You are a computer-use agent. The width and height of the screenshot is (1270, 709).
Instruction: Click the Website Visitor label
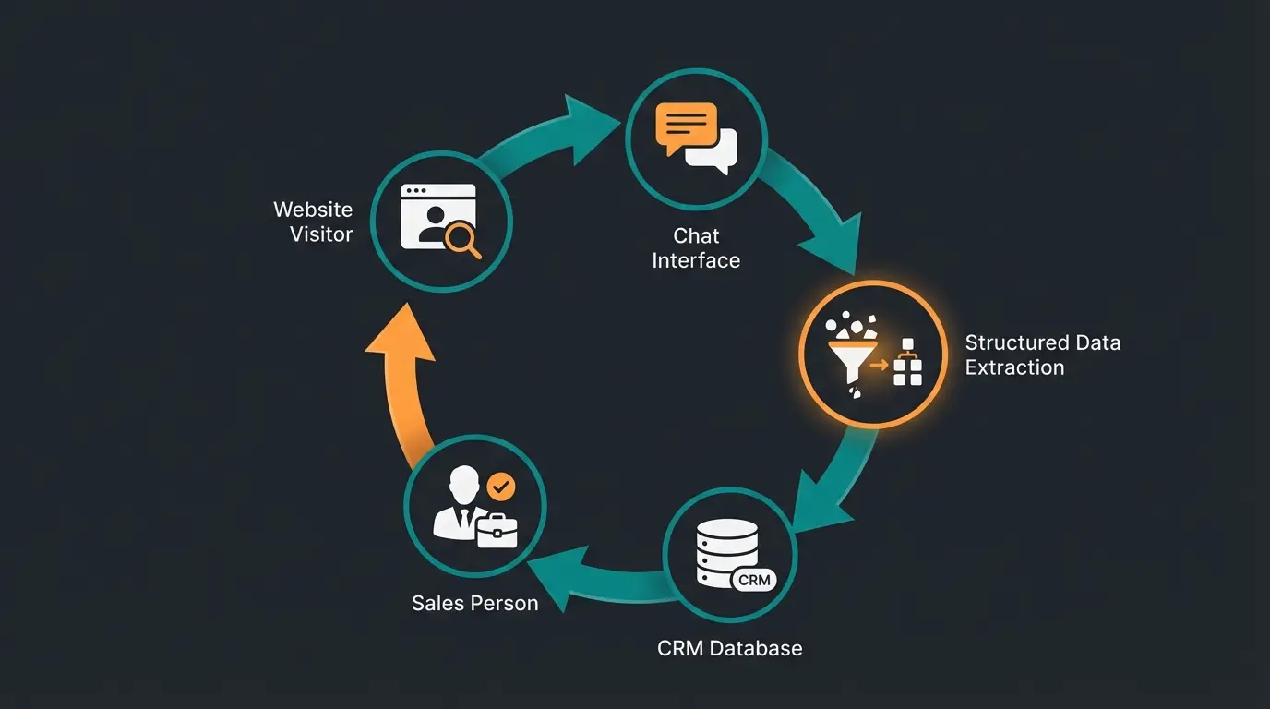(x=313, y=222)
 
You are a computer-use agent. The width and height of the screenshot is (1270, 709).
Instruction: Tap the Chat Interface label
(x=696, y=248)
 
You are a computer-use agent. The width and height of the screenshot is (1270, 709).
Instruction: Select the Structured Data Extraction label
(x=1042, y=354)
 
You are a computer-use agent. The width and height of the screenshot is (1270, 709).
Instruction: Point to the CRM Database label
(x=729, y=648)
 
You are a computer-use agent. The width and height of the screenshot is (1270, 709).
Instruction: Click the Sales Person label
(x=474, y=603)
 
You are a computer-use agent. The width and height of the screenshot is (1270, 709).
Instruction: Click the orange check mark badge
(x=501, y=485)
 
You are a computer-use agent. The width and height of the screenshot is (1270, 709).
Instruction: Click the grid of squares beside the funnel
(x=907, y=366)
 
